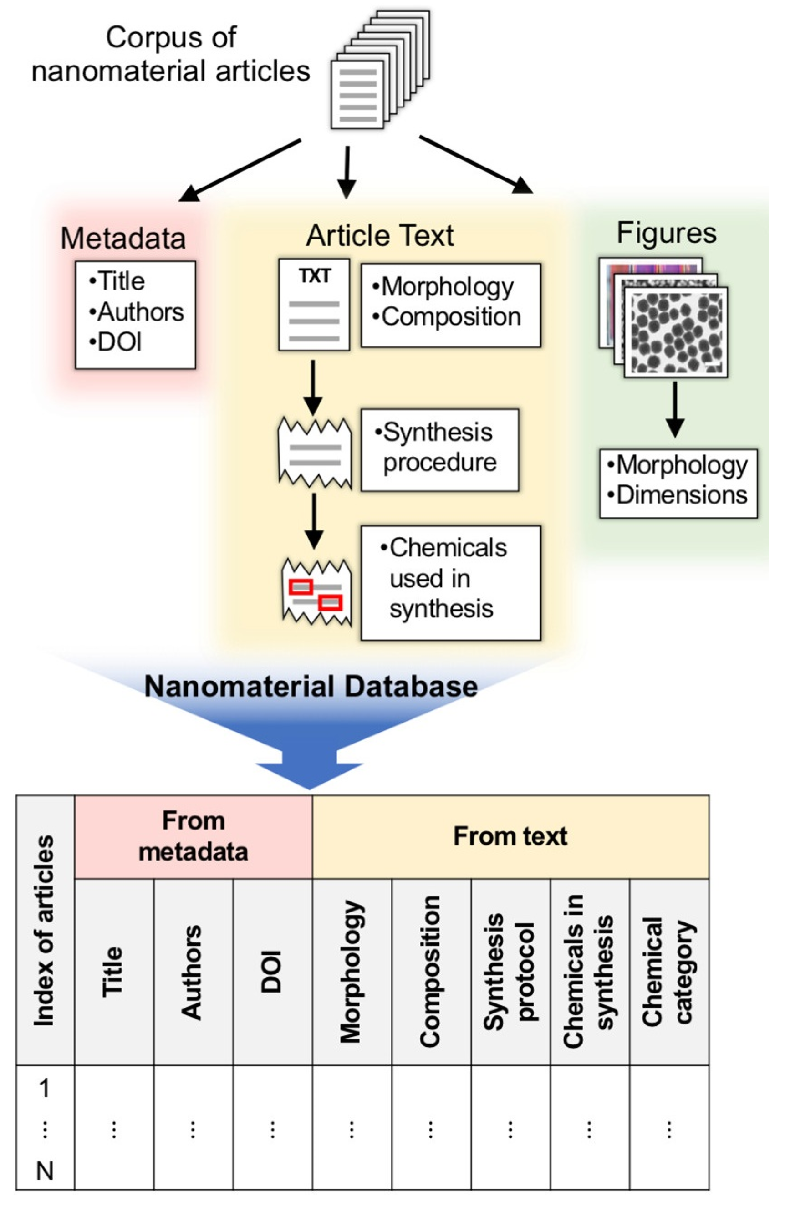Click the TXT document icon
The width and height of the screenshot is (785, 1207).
tap(314, 304)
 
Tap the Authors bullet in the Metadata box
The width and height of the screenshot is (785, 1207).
tap(139, 312)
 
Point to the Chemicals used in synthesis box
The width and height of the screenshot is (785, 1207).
tap(450, 582)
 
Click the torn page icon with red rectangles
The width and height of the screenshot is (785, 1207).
tap(316, 591)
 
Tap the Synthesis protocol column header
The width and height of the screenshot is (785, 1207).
tap(510, 971)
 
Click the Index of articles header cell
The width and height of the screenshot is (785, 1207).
tap(45, 931)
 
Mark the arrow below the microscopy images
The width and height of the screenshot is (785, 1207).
tap(674, 409)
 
